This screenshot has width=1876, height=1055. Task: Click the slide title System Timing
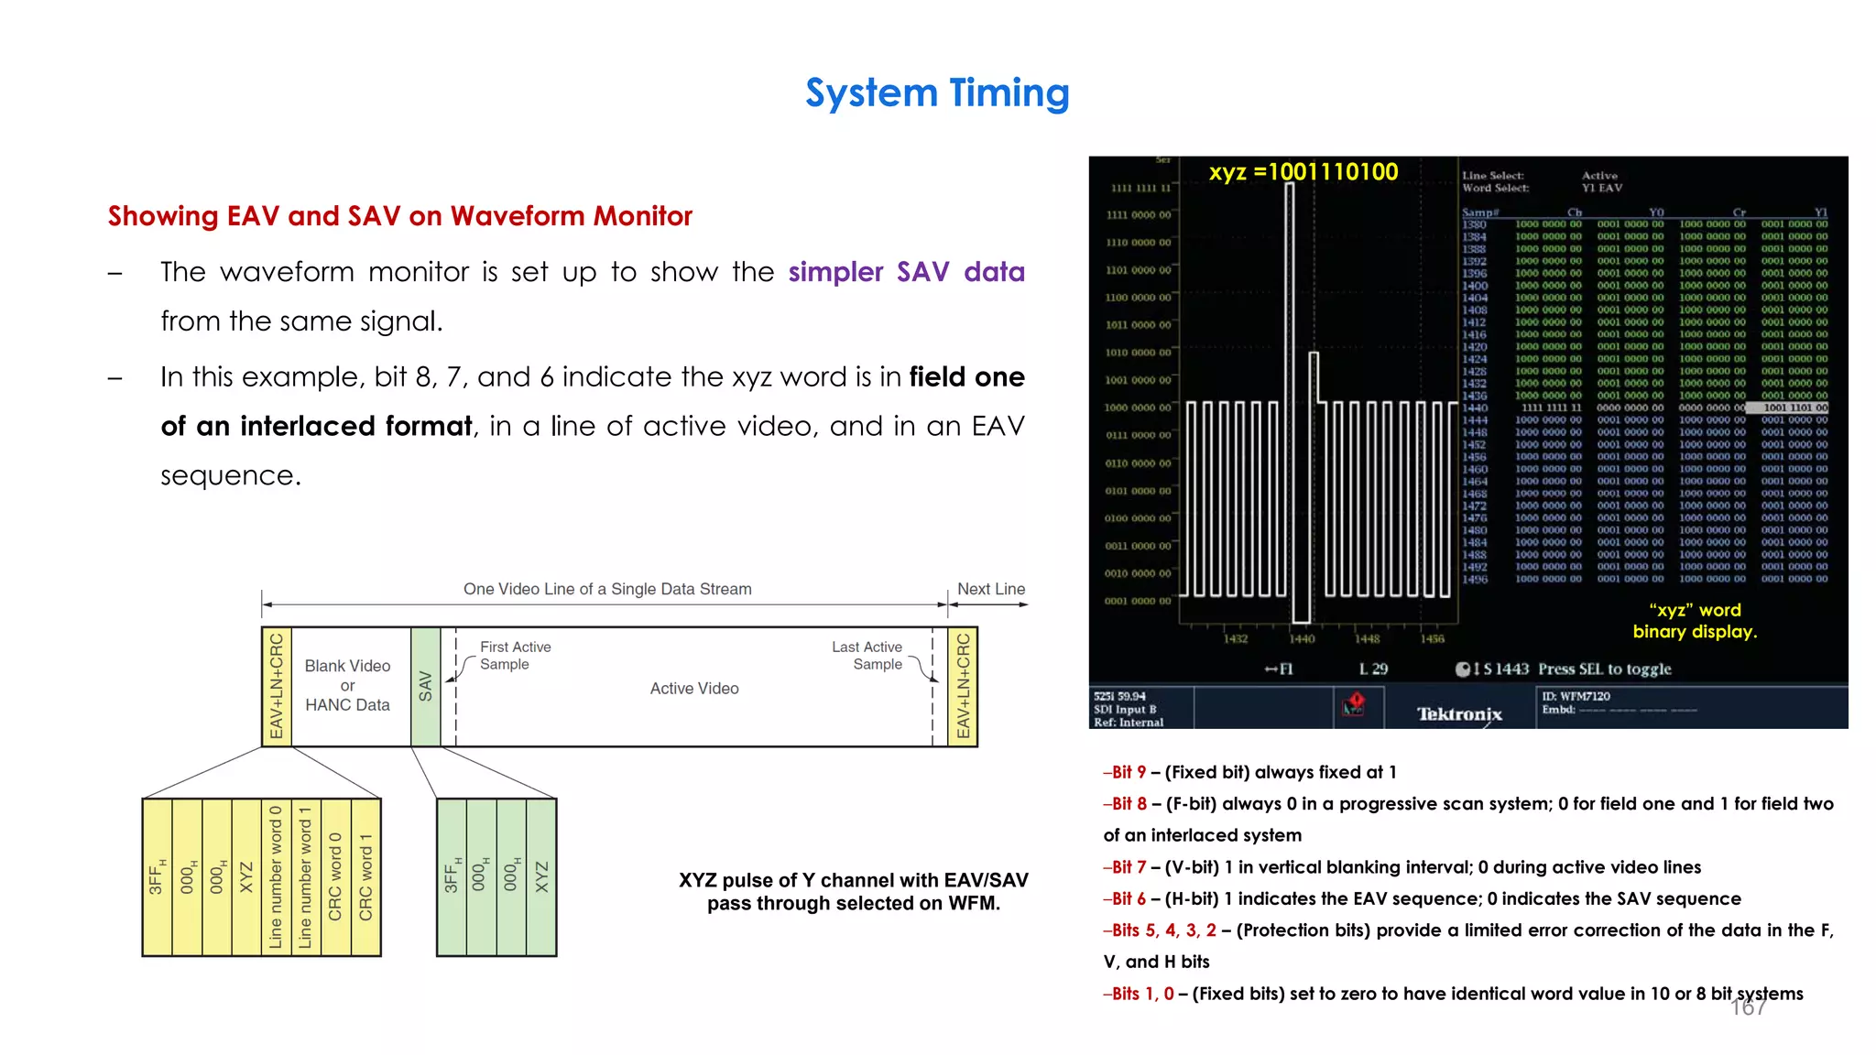coord(937,93)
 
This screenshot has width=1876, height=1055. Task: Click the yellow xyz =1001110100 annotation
coord(1303,172)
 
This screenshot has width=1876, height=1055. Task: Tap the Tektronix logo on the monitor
coord(1459,713)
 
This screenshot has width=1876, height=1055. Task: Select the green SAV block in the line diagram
coord(425,686)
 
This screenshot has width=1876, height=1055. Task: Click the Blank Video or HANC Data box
coord(347,685)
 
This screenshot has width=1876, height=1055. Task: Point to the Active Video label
coord(694,689)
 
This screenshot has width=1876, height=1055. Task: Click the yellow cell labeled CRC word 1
coord(365,877)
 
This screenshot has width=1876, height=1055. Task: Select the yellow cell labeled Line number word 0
coord(276,877)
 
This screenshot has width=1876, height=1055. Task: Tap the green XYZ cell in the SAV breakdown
coord(541,877)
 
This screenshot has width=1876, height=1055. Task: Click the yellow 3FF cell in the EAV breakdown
coord(157,877)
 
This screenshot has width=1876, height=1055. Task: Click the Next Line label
coord(990,589)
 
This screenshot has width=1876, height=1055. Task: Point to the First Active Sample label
coord(514,656)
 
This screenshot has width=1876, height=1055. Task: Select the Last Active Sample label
coord(867,656)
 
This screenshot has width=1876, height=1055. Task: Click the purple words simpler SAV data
coord(905,272)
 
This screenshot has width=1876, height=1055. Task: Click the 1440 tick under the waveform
coord(1302,639)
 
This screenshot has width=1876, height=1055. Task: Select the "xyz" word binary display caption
coord(1695,621)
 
